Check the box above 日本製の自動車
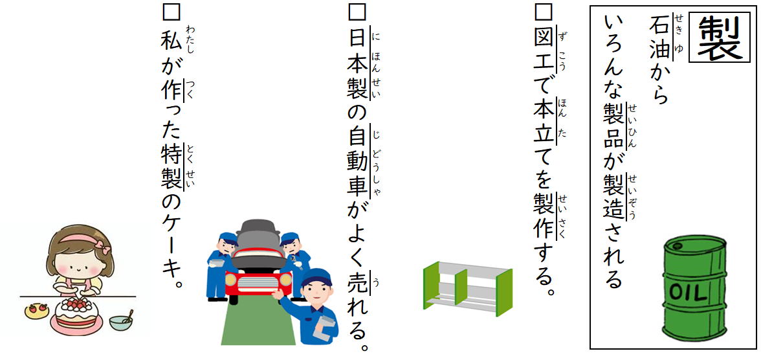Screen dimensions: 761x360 tap(357, 12)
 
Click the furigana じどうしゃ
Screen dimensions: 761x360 tap(377, 161)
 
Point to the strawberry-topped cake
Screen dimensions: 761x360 tap(76, 315)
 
